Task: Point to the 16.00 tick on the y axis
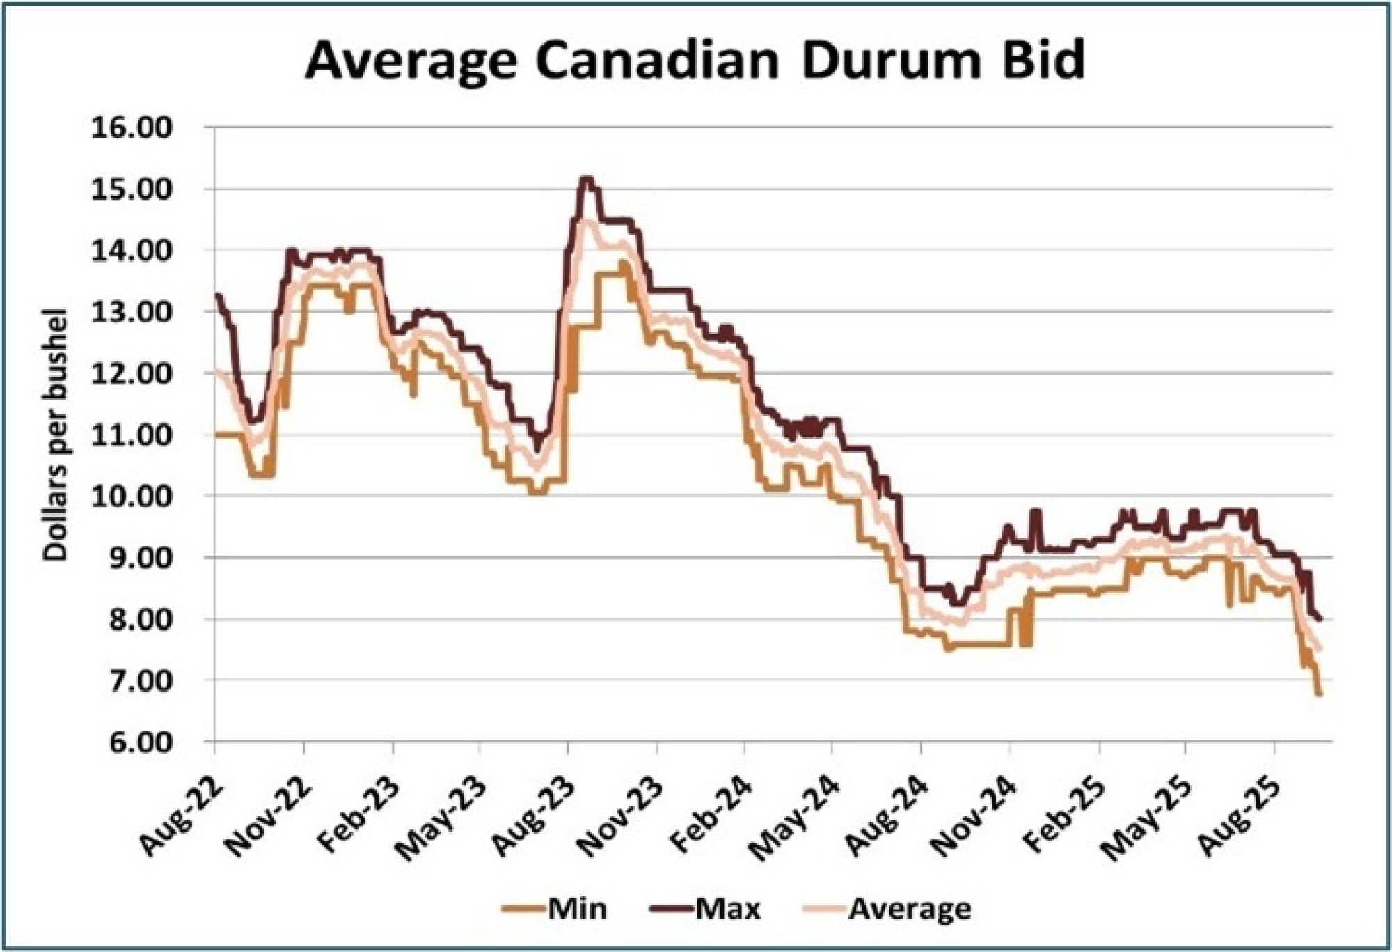[132, 128]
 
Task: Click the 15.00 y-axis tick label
[132, 189]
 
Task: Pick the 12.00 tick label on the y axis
[132, 374]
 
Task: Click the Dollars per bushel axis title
[55, 435]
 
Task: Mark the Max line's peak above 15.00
[586, 179]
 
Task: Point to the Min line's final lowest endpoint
[1318, 694]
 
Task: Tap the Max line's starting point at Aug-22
[217, 295]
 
